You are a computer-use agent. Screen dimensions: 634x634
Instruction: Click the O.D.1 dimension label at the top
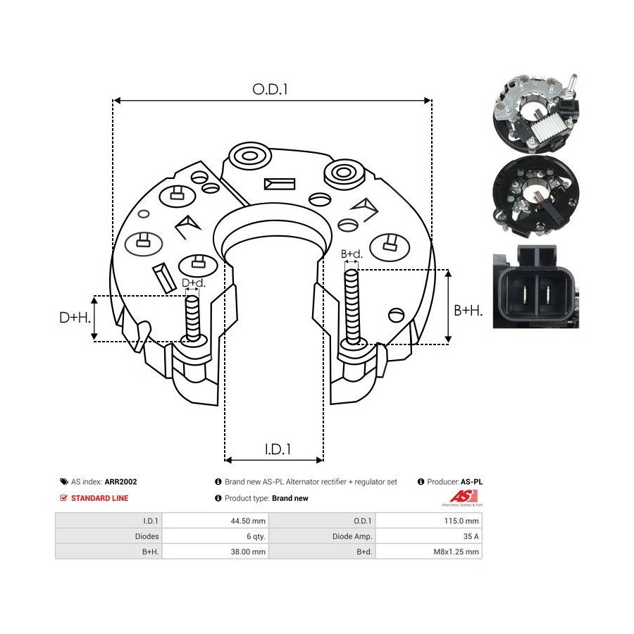click(x=270, y=89)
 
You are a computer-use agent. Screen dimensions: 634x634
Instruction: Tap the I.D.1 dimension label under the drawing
click(x=278, y=449)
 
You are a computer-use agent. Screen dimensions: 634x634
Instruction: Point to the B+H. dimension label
click(x=468, y=311)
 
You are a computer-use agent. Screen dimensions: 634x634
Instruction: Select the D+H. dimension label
click(x=75, y=318)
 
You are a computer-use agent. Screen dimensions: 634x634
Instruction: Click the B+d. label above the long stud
click(x=352, y=254)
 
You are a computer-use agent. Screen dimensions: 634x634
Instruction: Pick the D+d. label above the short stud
click(x=194, y=282)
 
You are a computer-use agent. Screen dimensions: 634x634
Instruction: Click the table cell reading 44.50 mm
click(x=248, y=521)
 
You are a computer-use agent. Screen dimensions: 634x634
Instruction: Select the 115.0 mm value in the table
click(x=461, y=521)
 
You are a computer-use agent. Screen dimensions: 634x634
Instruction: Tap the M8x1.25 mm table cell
click(x=456, y=552)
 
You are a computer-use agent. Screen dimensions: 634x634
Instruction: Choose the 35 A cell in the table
click(x=471, y=536)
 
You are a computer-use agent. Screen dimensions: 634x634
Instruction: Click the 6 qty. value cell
click(x=256, y=536)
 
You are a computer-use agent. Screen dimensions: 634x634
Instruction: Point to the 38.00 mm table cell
click(x=248, y=552)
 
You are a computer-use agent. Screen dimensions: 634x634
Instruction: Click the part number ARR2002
click(x=121, y=482)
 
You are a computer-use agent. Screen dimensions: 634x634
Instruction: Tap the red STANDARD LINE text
click(x=100, y=498)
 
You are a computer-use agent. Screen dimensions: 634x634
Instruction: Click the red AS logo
click(x=464, y=497)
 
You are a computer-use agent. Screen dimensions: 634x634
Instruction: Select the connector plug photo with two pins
click(x=536, y=286)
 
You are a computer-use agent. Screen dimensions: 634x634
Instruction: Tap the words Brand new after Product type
click(x=290, y=498)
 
